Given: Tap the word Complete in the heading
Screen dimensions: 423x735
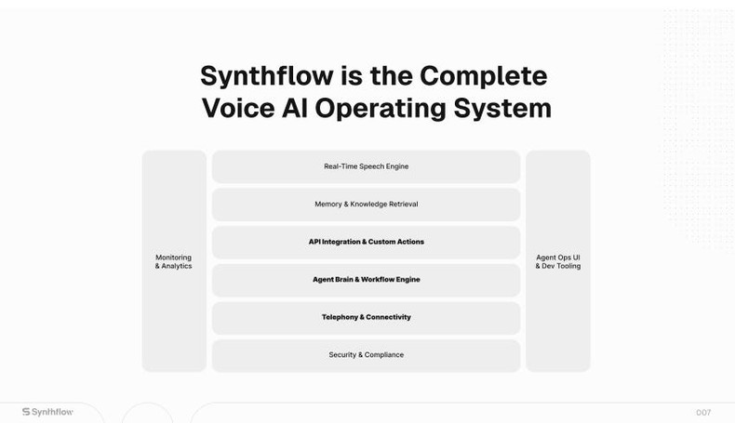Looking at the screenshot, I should (x=483, y=75).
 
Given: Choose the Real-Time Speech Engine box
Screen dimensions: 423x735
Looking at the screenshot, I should (x=366, y=167).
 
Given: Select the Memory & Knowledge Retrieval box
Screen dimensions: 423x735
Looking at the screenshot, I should (x=366, y=205).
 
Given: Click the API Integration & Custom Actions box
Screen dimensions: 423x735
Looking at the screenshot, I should (x=366, y=243).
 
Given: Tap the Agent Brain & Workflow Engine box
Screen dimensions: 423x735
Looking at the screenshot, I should (x=366, y=280).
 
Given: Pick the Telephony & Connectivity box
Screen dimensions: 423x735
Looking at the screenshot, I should (x=366, y=318).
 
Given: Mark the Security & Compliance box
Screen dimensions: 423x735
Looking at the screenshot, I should (x=366, y=355).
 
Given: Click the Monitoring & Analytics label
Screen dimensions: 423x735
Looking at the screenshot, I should (x=174, y=262).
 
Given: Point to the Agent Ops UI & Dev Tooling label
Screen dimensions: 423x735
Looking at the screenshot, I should (x=558, y=262).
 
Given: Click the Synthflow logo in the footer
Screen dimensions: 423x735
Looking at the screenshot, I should (x=47, y=412).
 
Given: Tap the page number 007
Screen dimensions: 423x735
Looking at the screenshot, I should (x=703, y=413).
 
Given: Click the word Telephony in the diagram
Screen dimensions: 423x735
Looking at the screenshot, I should (x=341, y=318).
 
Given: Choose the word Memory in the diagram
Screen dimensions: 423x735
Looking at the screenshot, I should (x=328, y=205).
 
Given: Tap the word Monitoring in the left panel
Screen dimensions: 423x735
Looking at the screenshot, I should (x=174, y=258).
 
